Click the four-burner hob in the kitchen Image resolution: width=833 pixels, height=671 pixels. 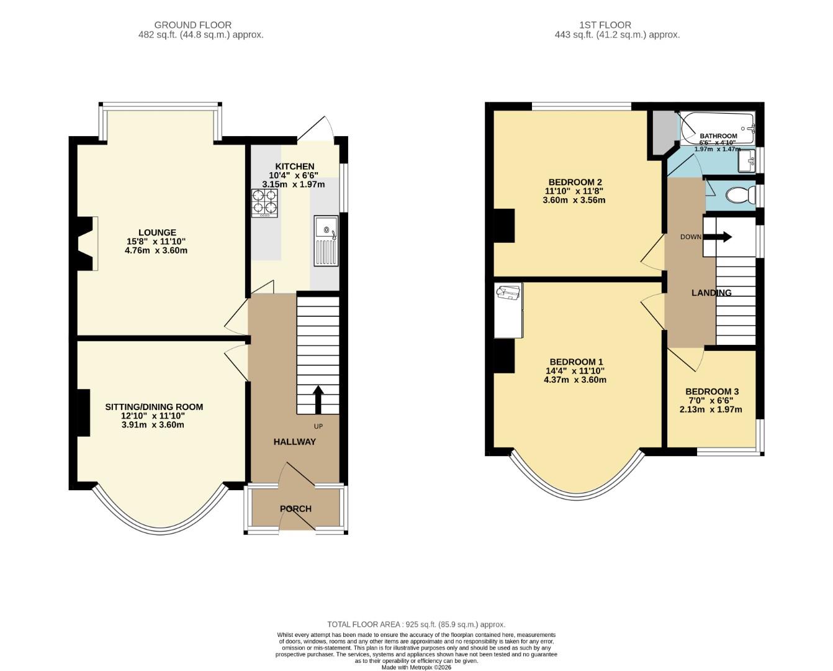click(265, 203)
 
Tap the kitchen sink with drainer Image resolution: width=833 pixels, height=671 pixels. click(326, 240)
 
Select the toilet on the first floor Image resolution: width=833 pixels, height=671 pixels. click(741, 194)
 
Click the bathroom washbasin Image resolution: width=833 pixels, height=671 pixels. click(747, 160)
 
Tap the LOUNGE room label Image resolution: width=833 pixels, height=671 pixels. click(157, 232)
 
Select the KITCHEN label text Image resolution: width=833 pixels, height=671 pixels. click(295, 167)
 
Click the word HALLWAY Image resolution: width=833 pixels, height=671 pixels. click(295, 442)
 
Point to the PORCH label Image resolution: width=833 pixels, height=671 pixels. click(295, 509)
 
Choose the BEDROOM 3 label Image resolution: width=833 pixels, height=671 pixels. click(712, 391)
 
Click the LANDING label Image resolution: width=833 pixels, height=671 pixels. click(711, 293)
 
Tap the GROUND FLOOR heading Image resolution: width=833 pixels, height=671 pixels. click(193, 25)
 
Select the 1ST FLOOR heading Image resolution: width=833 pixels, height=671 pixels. click(605, 25)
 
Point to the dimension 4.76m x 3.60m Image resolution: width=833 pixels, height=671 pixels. click(156, 250)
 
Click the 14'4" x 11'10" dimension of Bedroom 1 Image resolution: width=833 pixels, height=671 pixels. click(575, 371)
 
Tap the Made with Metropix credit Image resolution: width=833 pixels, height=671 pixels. click(416, 667)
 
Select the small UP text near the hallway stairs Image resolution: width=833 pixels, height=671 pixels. click(318, 427)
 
